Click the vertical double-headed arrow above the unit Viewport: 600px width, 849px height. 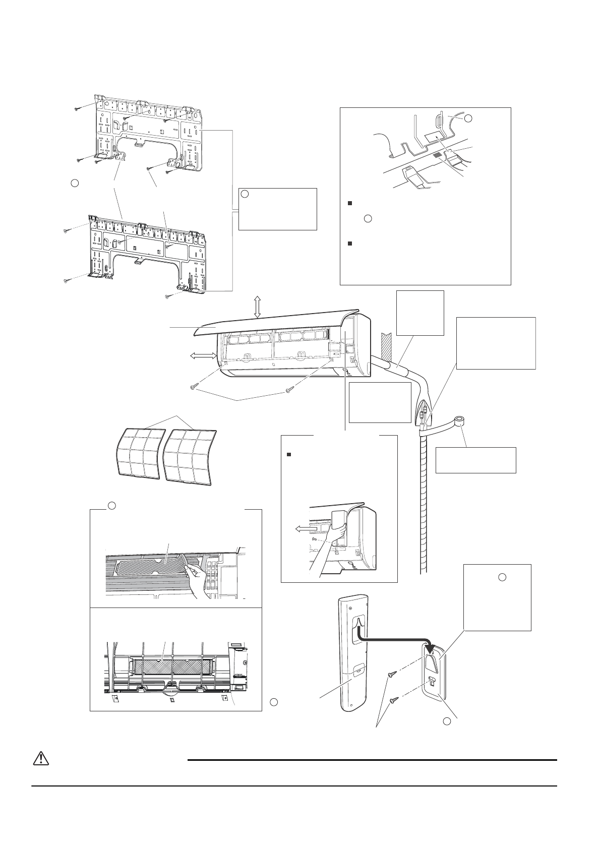coord(257,307)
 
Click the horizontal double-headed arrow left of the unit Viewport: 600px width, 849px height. coord(202,356)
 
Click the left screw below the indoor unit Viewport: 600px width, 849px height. coord(193,387)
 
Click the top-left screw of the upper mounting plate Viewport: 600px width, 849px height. coord(77,108)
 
